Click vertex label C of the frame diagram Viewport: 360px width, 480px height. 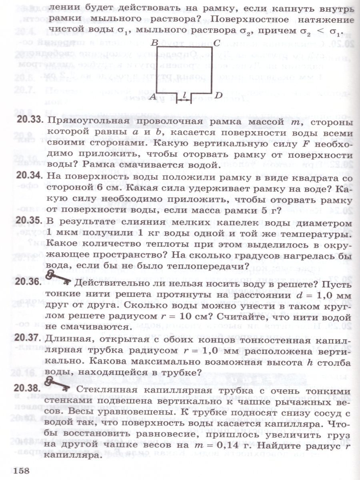tap(216, 43)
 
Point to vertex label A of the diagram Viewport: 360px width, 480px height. tap(152, 96)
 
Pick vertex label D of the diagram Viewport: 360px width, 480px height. tap(218, 95)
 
